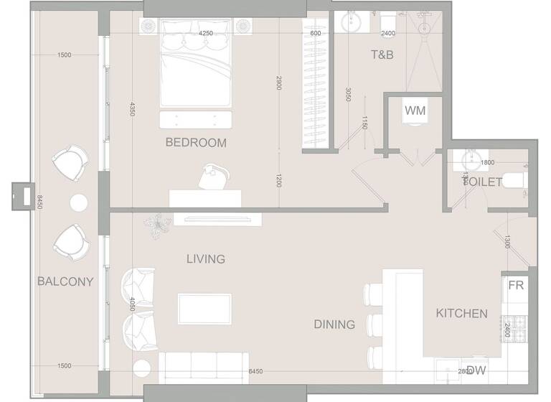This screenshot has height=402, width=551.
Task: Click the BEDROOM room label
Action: coord(196,143)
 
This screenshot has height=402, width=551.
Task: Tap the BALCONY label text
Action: coord(65,282)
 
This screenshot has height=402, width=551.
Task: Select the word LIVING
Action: coord(206,259)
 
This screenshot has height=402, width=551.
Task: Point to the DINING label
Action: coord(334,324)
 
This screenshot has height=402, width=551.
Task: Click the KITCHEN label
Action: coord(462,314)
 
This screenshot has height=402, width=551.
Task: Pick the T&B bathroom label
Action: coord(382,55)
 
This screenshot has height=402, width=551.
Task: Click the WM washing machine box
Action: coord(415,111)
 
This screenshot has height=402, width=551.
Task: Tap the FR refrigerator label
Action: coord(516,286)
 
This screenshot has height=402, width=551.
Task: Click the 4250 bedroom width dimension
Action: coord(206,34)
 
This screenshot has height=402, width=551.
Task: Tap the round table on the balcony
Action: coord(78,203)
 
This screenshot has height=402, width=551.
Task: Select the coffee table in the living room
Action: coord(204,309)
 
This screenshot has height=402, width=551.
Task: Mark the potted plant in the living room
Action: coord(156,225)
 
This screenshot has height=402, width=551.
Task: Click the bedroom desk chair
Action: coord(212,177)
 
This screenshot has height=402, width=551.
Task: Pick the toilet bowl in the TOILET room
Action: coord(515,182)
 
